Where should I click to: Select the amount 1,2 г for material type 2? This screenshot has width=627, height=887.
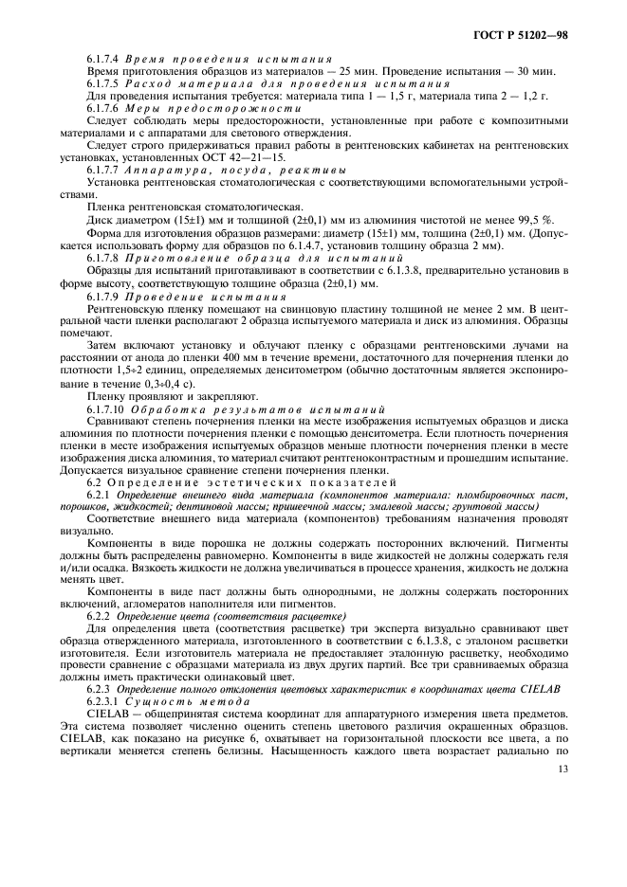[x=551, y=96]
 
